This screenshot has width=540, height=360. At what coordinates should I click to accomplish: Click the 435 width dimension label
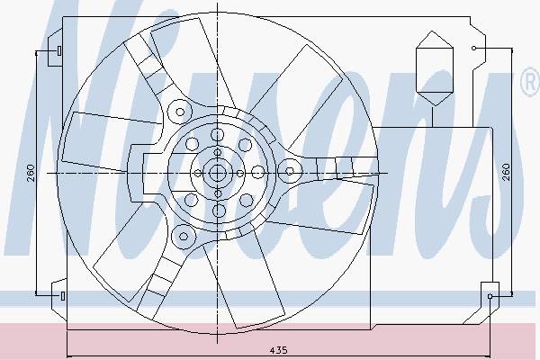278,350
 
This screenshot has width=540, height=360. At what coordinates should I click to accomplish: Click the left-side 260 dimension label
31,173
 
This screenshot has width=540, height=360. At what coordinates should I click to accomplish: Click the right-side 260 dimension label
506,173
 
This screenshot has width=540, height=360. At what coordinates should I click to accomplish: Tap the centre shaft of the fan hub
217,173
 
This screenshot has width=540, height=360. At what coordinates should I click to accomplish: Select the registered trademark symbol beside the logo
531,81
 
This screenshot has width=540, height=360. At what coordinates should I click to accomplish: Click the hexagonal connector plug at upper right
435,68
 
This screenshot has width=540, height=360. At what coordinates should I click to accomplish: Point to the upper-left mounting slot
59,51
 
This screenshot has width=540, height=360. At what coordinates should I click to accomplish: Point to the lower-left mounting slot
63,295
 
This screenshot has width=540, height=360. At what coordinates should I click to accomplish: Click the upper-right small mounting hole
474,49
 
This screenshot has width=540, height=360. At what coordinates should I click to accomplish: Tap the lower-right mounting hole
490,296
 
